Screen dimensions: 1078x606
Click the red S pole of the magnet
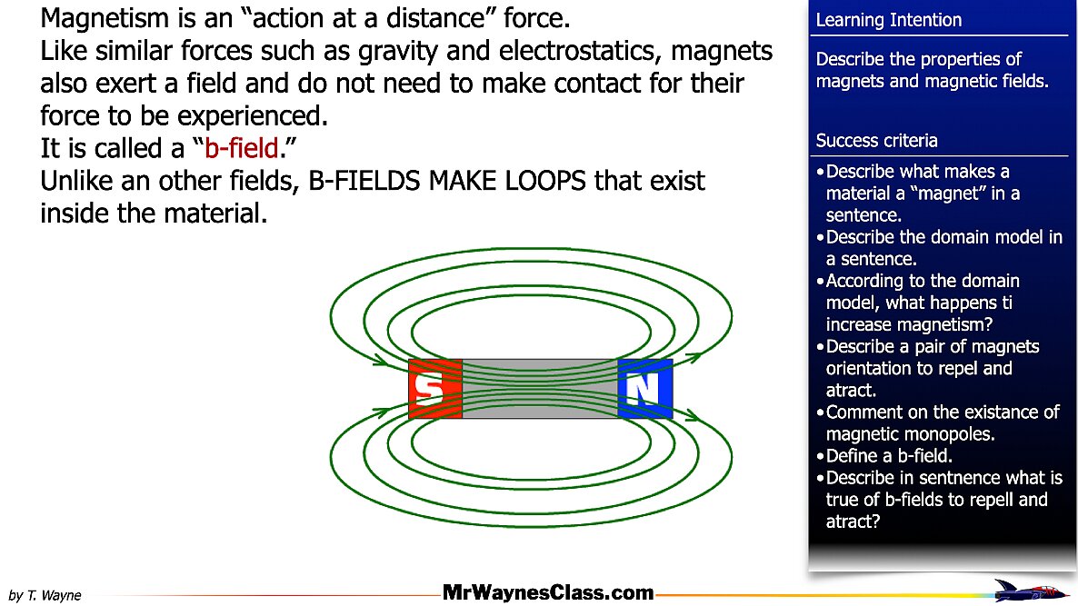click(435, 388)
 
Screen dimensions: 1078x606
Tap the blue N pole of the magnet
click(644, 388)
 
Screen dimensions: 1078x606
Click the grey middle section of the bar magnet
click(540, 388)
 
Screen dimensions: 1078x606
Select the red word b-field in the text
click(241, 148)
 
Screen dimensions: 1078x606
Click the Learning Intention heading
click(888, 20)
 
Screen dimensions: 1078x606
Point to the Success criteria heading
click(876, 140)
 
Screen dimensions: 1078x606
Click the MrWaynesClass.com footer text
click(548, 592)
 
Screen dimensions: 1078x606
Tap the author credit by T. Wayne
click(45, 595)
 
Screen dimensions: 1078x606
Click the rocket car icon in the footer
click(1030, 591)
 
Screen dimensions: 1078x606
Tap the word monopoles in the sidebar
click(953, 434)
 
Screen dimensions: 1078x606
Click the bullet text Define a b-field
click(889, 455)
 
